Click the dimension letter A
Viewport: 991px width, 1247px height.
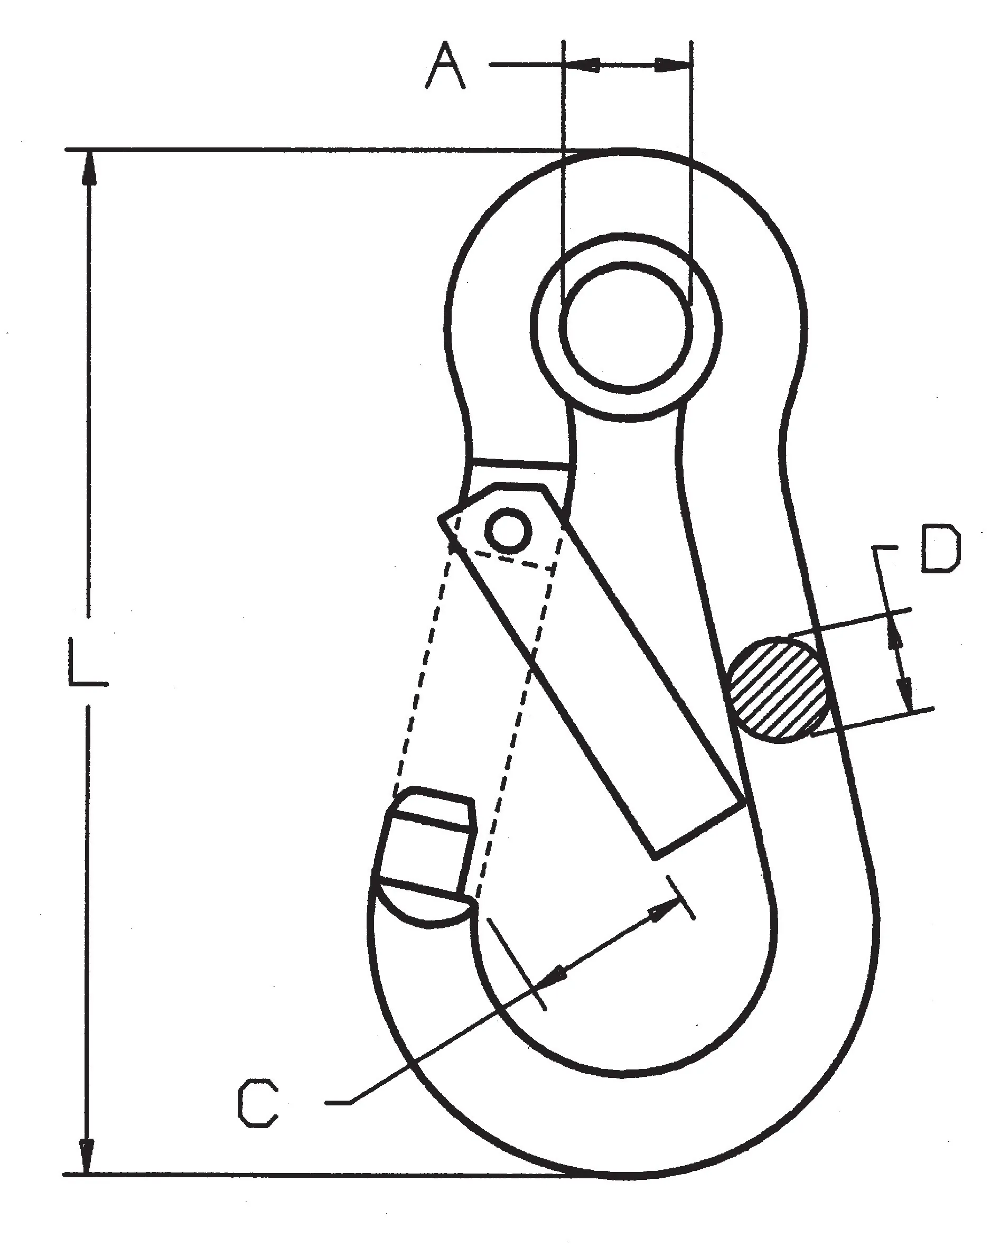pos(445,65)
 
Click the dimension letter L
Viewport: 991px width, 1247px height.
pos(87,662)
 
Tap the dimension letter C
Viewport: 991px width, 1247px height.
pos(258,1102)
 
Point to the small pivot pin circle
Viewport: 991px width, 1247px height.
pos(508,529)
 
